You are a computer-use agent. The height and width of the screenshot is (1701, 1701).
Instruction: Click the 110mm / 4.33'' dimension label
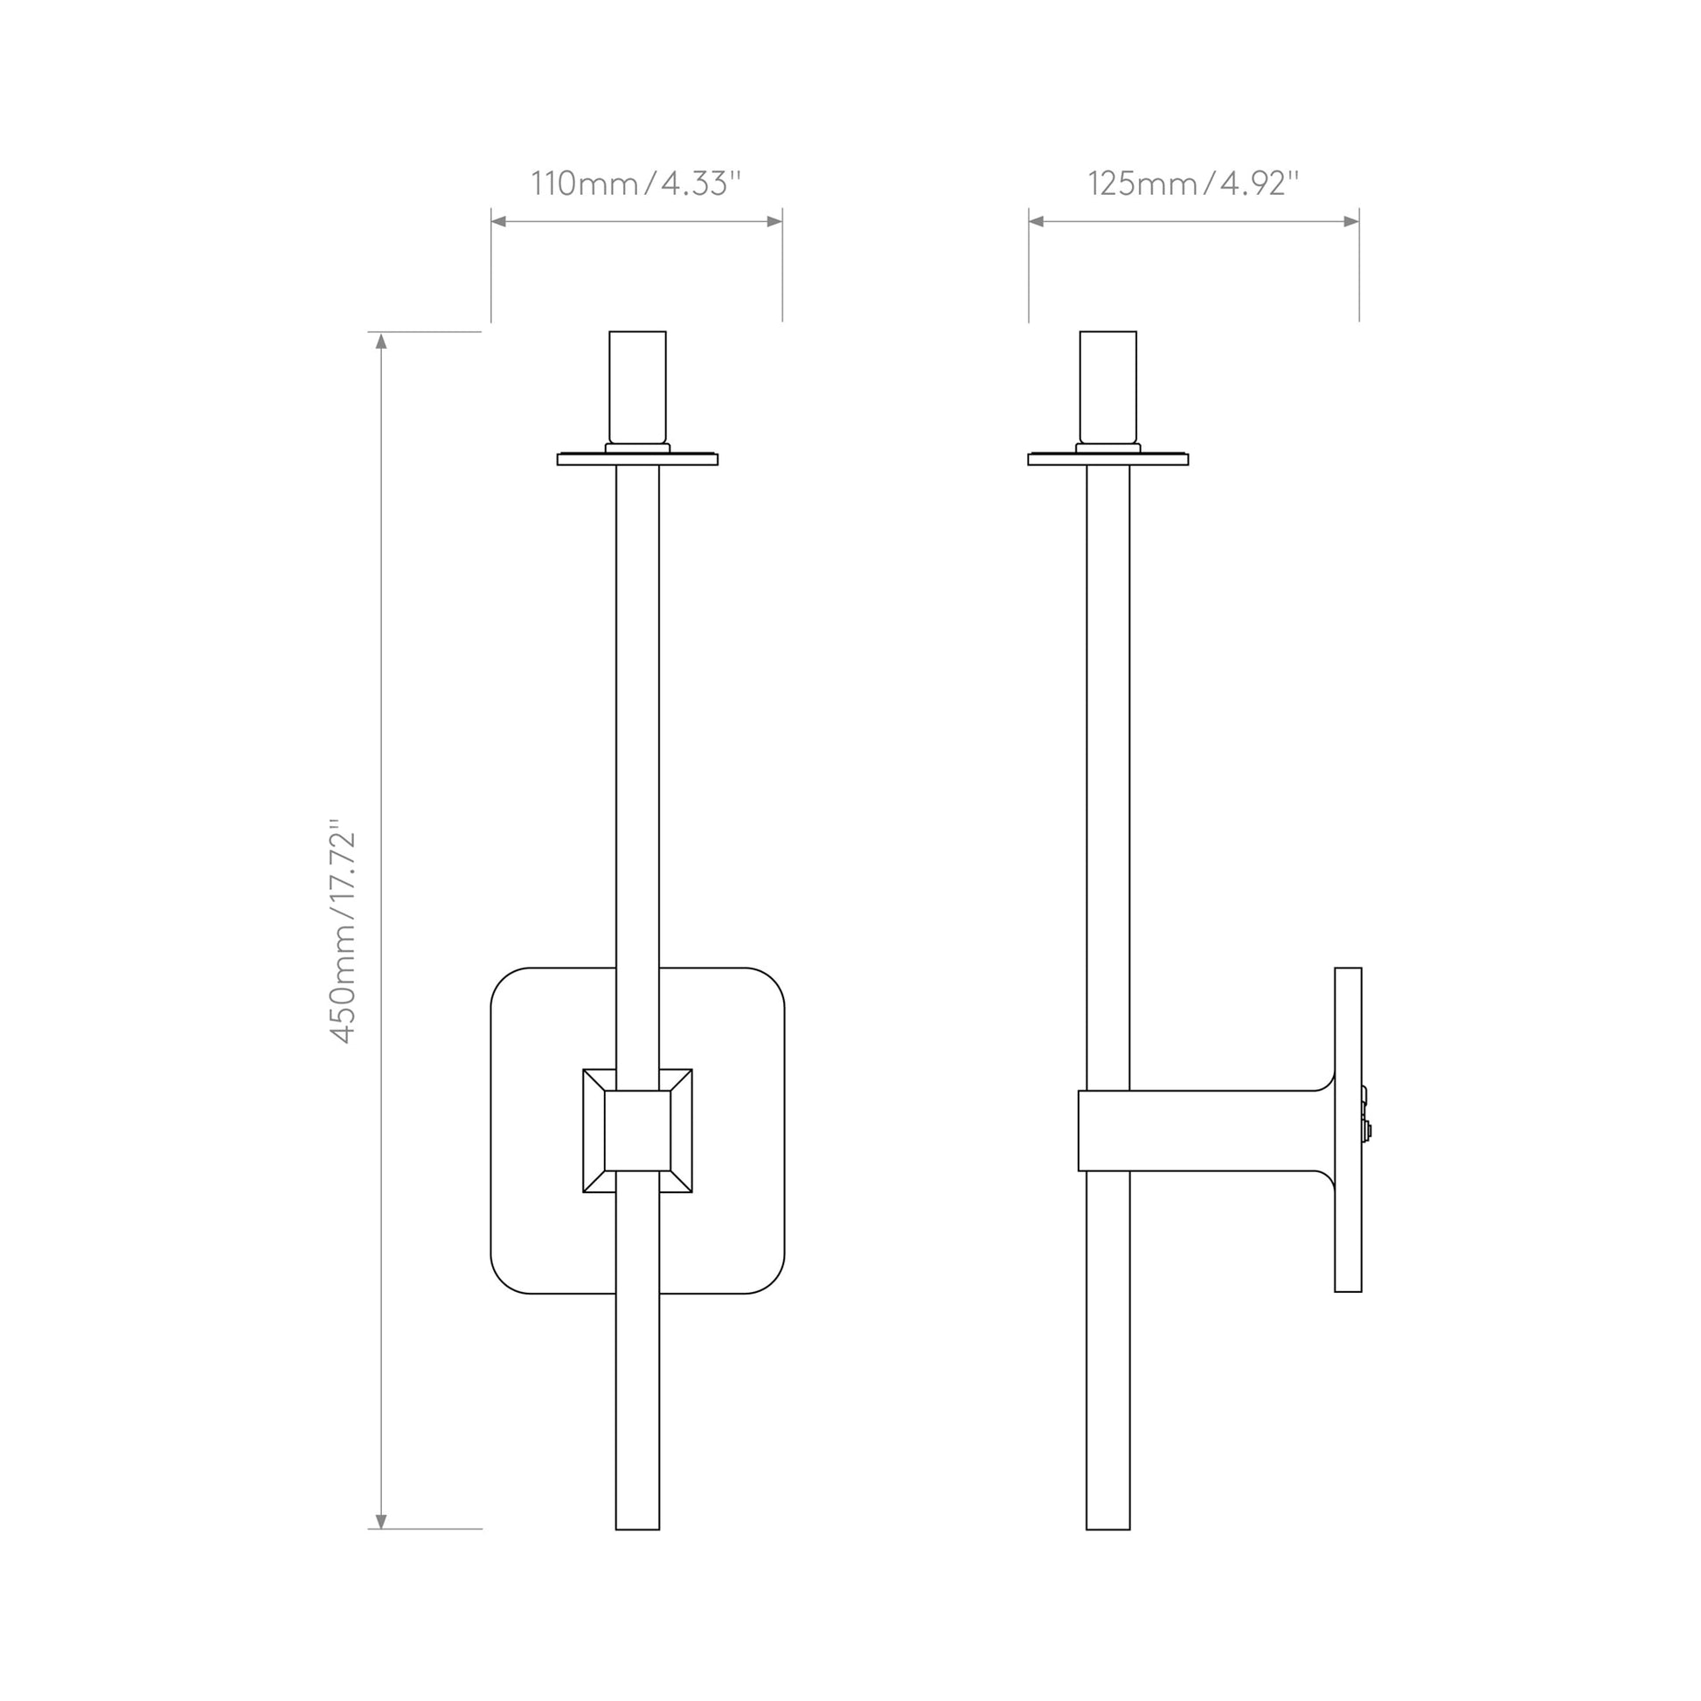coord(635,184)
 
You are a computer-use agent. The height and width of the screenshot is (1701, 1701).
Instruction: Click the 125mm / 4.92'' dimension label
coord(1193,184)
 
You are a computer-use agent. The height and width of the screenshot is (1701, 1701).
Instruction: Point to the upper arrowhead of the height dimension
coord(381,340)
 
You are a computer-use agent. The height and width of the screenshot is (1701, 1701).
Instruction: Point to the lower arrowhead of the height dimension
coord(381,1521)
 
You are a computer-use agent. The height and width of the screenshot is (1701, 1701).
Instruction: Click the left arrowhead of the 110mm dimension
coord(499,221)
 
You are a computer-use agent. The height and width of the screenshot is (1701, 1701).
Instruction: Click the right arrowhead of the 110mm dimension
coord(774,221)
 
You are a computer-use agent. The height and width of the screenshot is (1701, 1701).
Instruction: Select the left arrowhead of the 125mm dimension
coord(1038,221)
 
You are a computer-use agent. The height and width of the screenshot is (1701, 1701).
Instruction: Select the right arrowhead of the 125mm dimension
coord(1350,221)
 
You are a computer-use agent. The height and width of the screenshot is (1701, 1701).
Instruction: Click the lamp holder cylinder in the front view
coord(637,387)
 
